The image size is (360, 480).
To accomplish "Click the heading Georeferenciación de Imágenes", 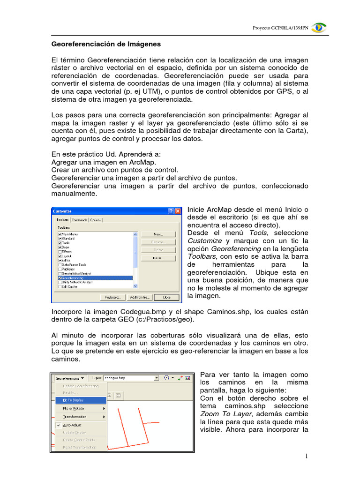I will point(105,44).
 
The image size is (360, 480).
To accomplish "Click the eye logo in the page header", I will point(319,28).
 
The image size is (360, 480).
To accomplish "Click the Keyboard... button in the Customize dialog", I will point(112,297).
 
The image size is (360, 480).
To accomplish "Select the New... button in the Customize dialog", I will point(158,234).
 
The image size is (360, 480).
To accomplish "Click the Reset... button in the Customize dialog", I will point(158,258).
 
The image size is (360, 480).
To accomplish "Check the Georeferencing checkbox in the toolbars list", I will point(60,277).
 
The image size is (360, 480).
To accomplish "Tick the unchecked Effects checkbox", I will point(60,252).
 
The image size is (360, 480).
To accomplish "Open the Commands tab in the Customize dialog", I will point(79,220).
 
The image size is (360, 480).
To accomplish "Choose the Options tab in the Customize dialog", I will point(96,220).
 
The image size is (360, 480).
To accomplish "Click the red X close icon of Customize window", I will point(178,211).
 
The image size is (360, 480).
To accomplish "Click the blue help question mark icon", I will point(171,211).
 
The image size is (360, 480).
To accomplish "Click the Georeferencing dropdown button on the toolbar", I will point(69,377).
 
